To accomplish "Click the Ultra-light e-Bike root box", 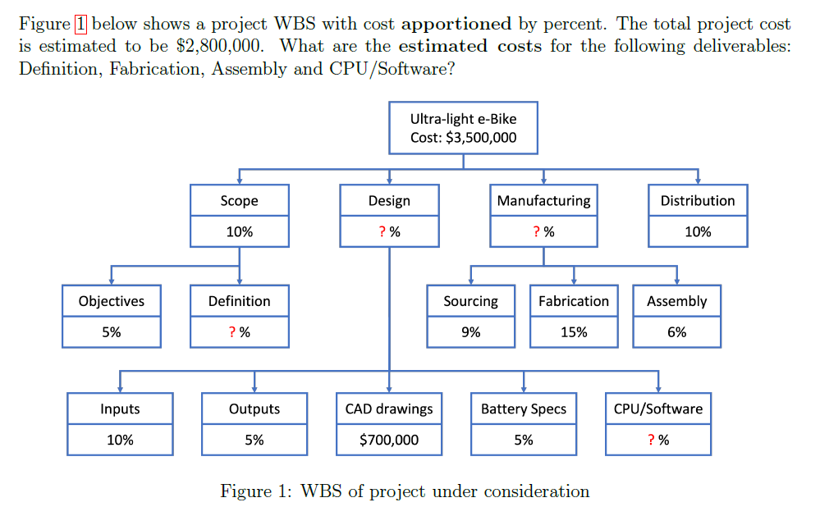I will [x=463, y=128].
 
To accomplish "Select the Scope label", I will [x=239, y=201].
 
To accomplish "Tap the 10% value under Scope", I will [x=239, y=232].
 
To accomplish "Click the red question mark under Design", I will [x=383, y=232].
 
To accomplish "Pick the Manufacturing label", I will [x=543, y=201].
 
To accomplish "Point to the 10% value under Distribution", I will [x=698, y=232].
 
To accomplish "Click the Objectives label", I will [x=112, y=301].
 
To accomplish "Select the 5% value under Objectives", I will [x=112, y=332].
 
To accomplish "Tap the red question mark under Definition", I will [x=232, y=332].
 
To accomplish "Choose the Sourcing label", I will [x=470, y=301].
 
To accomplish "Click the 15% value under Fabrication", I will [x=574, y=332].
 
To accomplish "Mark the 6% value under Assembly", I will [x=676, y=332].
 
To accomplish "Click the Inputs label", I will [x=120, y=409].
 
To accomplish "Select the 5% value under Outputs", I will [x=254, y=440].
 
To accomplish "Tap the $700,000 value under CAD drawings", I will [x=389, y=440].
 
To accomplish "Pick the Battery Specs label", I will [x=524, y=409].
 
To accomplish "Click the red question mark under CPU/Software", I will [x=651, y=440].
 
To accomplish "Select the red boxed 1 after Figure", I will [x=80, y=24].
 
